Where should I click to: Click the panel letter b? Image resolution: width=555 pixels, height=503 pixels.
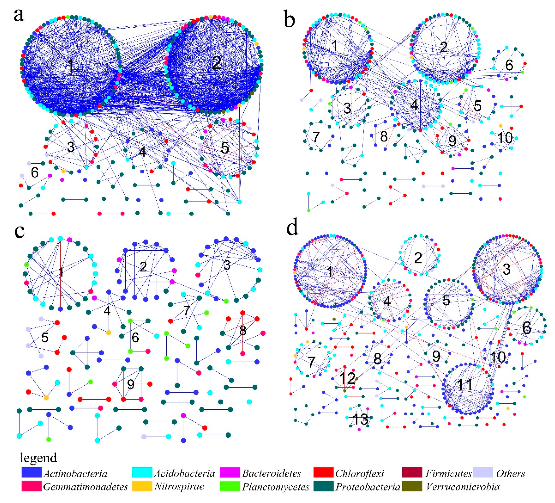[289, 20]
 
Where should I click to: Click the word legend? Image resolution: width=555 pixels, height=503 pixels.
[38, 458]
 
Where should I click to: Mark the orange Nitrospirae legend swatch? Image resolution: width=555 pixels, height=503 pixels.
[142, 486]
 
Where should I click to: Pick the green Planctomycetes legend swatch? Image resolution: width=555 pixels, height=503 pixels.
[230, 486]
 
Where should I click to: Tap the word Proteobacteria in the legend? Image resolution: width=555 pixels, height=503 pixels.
[368, 487]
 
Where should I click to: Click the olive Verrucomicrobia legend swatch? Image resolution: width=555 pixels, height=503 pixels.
[412, 486]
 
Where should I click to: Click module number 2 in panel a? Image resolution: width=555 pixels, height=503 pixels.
[217, 63]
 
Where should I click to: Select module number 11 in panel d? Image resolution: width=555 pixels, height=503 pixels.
[465, 385]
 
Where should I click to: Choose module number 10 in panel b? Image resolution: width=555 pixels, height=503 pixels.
[505, 138]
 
